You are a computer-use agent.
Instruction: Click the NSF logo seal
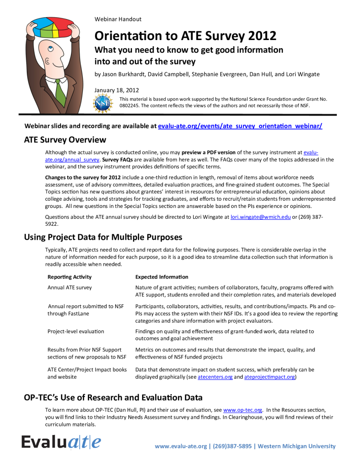click(x=103, y=103)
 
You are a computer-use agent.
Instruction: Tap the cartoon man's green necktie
click(x=60, y=89)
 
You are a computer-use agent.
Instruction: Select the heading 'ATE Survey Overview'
click(x=65, y=140)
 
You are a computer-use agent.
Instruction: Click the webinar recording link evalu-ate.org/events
click(x=240, y=126)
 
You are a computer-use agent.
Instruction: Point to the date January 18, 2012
click(x=117, y=90)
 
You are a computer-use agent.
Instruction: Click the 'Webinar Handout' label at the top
click(x=118, y=19)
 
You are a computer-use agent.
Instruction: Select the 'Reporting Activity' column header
click(x=70, y=277)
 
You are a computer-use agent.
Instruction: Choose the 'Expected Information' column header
click(x=162, y=277)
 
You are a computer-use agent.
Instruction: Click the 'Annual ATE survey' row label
click(x=70, y=287)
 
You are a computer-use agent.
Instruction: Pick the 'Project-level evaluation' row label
click(x=76, y=331)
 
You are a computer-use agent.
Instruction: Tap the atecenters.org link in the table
click(x=215, y=377)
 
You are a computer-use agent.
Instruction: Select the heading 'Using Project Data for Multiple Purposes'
click(x=103, y=237)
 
